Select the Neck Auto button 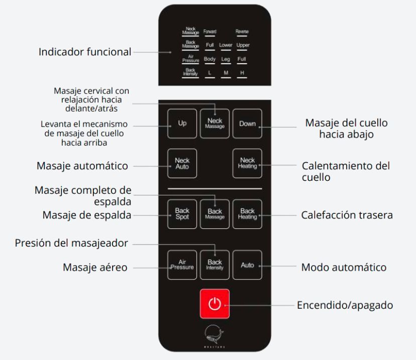182,163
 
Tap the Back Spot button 182,214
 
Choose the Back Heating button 247,214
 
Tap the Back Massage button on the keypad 215,214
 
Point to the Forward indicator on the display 210,32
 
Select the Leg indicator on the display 226,59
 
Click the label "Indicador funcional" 85,52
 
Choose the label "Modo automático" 344,267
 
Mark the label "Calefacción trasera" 347,215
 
